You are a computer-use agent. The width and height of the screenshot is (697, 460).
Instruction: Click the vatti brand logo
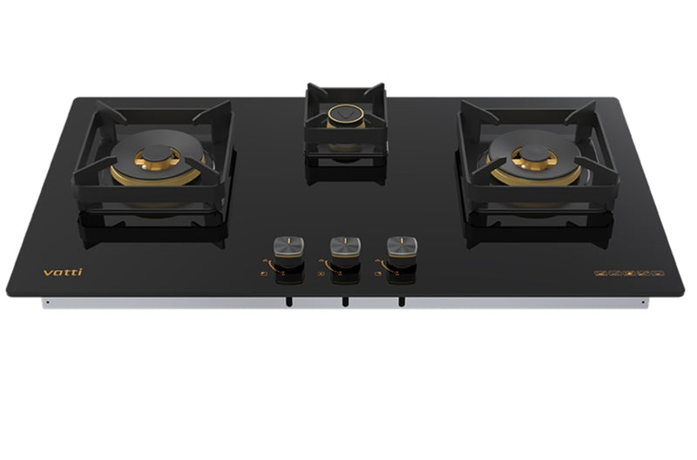(x=63, y=272)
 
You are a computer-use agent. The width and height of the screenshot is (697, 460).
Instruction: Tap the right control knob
(x=402, y=247)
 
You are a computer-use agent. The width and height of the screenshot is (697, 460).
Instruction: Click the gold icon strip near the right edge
(x=629, y=273)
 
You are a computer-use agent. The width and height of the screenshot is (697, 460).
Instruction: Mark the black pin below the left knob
(x=288, y=302)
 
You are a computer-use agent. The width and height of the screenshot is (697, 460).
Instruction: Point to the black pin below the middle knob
(x=345, y=302)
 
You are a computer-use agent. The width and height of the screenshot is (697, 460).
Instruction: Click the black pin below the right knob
(x=401, y=302)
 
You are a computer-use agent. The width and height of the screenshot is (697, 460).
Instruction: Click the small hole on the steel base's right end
(x=643, y=302)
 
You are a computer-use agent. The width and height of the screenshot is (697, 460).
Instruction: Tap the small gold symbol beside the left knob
(x=264, y=273)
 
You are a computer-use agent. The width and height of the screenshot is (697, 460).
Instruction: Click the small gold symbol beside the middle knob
(x=320, y=273)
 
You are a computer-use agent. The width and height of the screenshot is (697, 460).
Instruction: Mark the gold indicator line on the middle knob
(x=346, y=238)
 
